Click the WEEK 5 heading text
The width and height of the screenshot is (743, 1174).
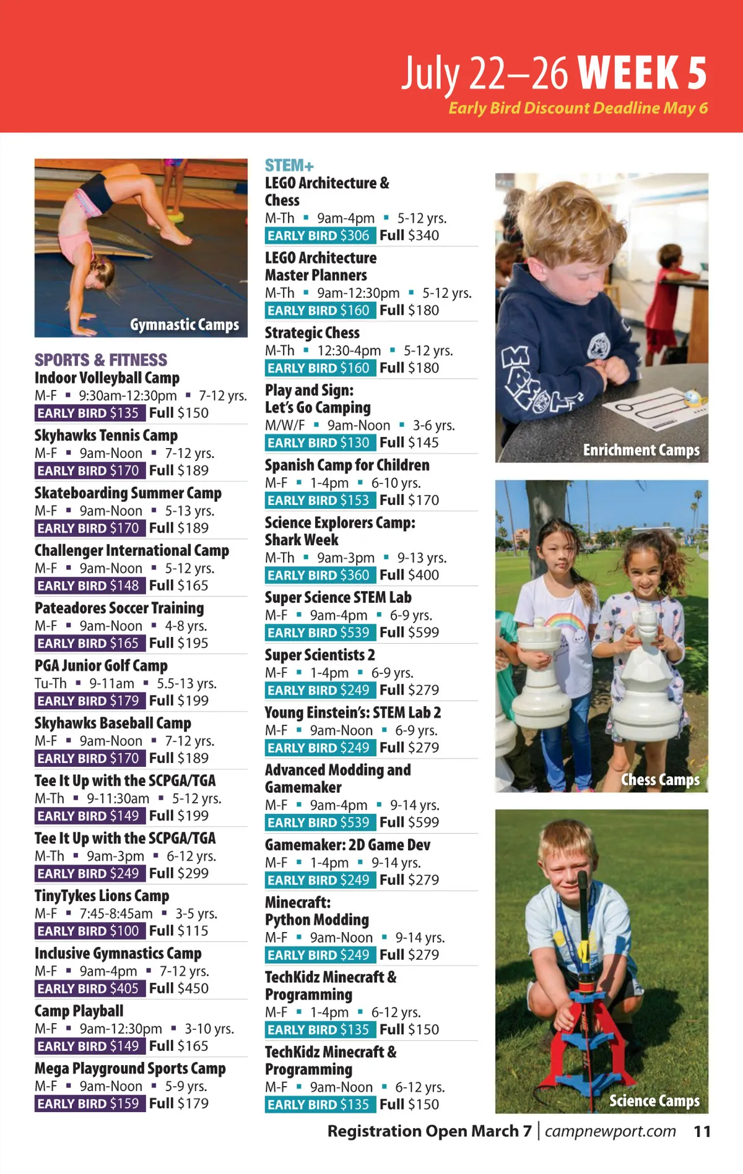coord(643,73)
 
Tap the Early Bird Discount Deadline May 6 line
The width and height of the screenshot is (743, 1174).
coord(578,108)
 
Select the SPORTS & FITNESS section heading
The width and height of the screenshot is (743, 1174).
coord(101,360)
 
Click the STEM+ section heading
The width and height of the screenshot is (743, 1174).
coord(289,165)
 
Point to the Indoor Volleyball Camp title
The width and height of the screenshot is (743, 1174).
coord(107,378)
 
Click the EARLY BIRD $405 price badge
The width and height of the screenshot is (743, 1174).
coord(90,988)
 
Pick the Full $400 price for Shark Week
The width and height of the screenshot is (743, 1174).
coord(409,575)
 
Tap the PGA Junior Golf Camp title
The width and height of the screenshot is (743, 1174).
coord(101,665)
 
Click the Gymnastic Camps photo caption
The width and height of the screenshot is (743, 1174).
coord(184,324)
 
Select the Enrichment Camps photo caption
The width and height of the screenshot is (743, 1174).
coord(641,450)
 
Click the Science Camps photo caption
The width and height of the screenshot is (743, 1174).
coord(654,1100)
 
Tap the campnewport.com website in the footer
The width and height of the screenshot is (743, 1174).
coord(610,1131)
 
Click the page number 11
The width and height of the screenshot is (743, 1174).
coord(702,1132)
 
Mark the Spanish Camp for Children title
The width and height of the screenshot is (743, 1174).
coord(347,465)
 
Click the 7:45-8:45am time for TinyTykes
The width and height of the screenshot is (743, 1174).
coord(116,913)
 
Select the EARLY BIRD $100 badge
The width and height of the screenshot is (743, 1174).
coord(90,931)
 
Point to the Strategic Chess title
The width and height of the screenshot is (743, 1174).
coord(312,332)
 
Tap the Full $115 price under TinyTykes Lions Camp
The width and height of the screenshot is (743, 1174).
coord(178,931)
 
